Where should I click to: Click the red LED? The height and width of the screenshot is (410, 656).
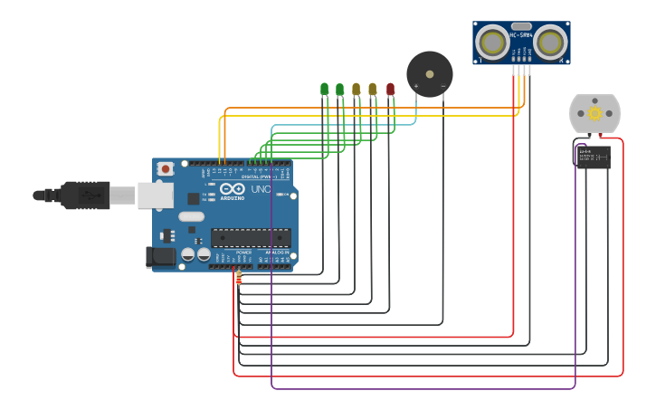390,89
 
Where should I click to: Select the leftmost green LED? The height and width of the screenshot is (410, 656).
324,89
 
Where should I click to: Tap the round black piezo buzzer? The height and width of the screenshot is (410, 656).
429,73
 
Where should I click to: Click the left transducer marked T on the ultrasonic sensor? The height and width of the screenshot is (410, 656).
492,42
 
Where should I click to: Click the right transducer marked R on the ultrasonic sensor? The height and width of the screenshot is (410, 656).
549,42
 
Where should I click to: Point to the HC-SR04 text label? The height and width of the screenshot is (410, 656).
521,35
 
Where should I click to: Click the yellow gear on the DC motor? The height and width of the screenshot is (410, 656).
594,113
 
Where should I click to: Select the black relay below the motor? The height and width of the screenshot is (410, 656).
593,157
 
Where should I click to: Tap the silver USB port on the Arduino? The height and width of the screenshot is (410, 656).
155,195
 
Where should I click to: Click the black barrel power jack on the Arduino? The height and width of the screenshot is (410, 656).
161,257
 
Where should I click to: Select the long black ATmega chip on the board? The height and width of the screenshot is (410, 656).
251,238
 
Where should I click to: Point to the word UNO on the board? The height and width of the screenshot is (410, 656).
261,189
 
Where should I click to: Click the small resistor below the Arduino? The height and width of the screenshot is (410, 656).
239,278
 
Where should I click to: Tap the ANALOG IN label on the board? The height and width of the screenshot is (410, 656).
276,253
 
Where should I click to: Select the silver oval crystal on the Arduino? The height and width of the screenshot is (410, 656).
191,216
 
